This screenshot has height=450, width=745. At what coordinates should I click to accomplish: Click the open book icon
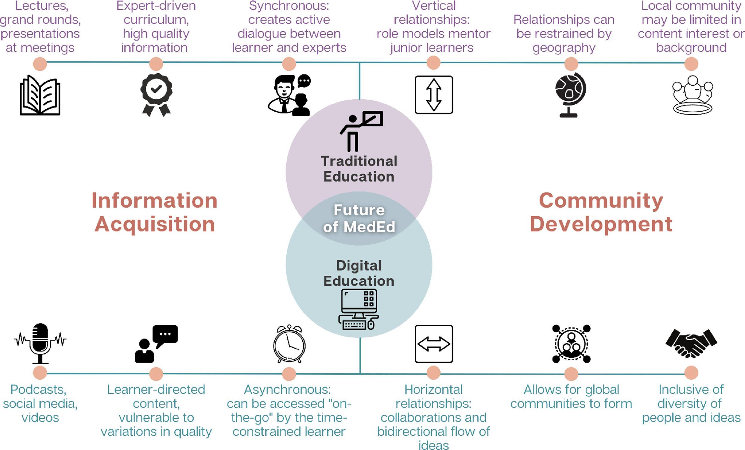coord(40,95)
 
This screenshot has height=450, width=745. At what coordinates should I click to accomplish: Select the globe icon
coord(570,94)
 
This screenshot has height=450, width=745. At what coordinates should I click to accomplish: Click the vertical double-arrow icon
coord(434,95)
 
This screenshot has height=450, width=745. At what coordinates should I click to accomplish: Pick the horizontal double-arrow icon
coord(434,344)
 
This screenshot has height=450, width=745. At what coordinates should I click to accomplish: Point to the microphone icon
coord(40,343)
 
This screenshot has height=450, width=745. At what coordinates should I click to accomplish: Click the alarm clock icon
coord(289,344)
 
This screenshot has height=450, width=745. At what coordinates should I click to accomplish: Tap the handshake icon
coord(691,343)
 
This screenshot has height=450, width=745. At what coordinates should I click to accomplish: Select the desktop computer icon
coord(359,309)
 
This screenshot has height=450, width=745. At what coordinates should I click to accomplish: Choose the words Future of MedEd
coord(359,219)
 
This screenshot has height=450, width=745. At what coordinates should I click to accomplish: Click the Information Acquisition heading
coord(155,212)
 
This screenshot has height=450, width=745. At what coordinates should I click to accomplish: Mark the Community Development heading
coord(601,212)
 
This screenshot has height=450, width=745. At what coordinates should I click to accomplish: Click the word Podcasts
coord(38,390)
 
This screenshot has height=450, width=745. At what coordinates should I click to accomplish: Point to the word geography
coord(564,48)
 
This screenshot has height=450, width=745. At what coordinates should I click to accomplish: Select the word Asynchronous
coord(287,390)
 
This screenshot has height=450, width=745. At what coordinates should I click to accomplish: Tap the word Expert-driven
coord(156,6)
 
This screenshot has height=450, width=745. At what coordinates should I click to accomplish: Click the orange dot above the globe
coord(571,64)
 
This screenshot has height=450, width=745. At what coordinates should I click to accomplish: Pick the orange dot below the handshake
coord(691,373)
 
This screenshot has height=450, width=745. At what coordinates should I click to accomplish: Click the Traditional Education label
coord(359,169)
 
